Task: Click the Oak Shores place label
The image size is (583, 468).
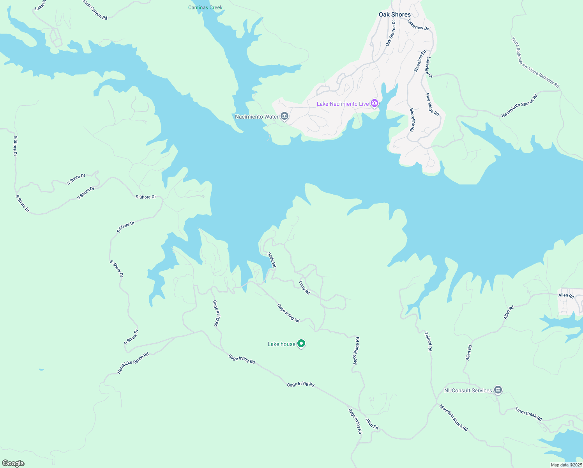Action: [394, 14]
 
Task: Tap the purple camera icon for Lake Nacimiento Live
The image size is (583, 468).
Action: [375, 103]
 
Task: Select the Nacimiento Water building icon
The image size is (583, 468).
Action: [284, 116]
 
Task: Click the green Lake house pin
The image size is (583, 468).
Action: [301, 344]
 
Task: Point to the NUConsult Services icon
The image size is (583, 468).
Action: [498, 390]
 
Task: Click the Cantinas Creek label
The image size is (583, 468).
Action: [205, 7]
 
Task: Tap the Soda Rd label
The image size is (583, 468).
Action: [272, 260]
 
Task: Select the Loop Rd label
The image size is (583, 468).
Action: [304, 287]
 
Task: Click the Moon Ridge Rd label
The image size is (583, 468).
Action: [356, 351]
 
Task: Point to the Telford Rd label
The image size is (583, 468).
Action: [428, 342]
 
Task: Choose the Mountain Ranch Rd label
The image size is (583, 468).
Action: [454, 418]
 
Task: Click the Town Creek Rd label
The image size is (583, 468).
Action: [528, 414]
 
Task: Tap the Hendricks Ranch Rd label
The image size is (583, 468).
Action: [133, 363]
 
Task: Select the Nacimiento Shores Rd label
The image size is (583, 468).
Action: [519, 105]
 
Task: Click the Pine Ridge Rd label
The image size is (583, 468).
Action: [432, 105]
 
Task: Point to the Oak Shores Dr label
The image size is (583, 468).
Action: [390, 33]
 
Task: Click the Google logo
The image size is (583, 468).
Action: [13, 463]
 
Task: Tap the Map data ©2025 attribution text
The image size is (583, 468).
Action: [566, 465]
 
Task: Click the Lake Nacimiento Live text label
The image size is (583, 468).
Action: [343, 104]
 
